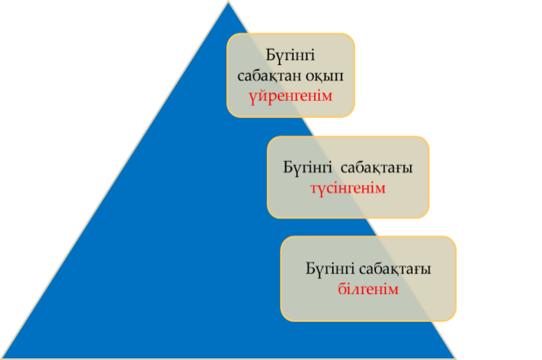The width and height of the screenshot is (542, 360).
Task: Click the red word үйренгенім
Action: [x=291, y=97]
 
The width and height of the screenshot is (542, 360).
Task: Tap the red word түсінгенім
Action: [x=347, y=187]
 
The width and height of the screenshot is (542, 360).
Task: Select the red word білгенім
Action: [x=369, y=288]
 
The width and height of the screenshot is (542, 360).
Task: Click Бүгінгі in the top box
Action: [x=291, y=56]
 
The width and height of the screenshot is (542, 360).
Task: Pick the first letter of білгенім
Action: [x=342, y=288]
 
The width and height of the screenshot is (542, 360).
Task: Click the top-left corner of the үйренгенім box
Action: [x=229, y=34]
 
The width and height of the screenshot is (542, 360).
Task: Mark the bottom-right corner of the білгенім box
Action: [x=456, y=320]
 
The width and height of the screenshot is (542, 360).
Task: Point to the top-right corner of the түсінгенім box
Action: [x=428, y=138]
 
